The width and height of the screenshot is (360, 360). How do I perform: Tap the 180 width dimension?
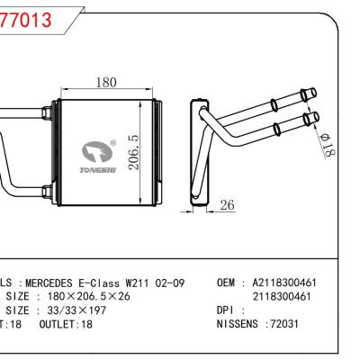105,83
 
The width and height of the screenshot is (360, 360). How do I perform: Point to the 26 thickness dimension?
228,205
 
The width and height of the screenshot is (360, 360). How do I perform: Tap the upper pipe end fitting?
311,94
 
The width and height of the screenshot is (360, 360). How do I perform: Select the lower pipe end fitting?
311,117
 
